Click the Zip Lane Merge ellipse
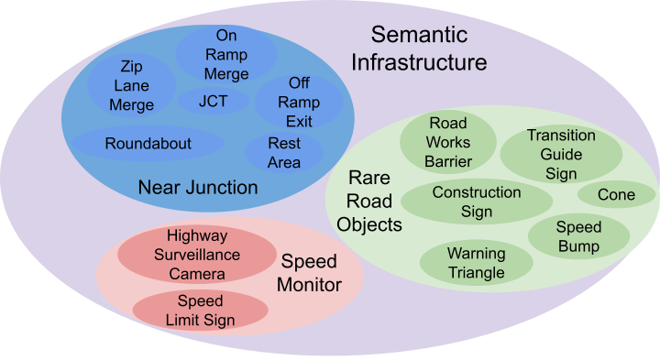pyautogui.click(x=131, y=85)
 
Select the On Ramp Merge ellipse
pyautogui.click(x=226, y=54)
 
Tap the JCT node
pyautogui.click(x=213, y=101)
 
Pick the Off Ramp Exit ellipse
pyautogui.click(x=299, y=102)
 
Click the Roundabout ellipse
pyautogui.click(x=148, y=144)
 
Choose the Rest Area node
pyautogui.click(x=284, y=153)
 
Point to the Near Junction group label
pyautogui.click(x=197, y=188)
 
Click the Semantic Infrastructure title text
pyautogui.click(x=428, y=49)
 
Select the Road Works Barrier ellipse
pyautogui.click(x=448, y=143)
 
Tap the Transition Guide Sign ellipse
pyautogui.click(x=561, y=154)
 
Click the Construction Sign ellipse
pyautogui.click(x=477, y=202)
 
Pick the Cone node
pyautogui.click(x=616, y=194)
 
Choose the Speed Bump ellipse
pyautogui.click(x=578, y=236)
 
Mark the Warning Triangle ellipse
pyautogui.click(x=476, y=263)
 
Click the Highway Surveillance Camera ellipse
pyautogui.click(x=197, y=255)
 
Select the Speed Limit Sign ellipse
pyautogui.click(x=201, y=311)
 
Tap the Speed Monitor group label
pyautogui.click(x=310, y=272)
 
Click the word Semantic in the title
pyautogui.click(x=419, y=35)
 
